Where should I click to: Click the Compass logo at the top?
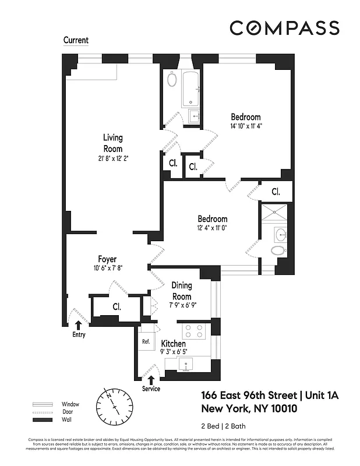pyautogui.click(x=284, y=28)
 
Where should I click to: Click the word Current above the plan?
pyautogui.click(x=76, y=41)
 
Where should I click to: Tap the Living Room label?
pyautogui.click(x=113, y=143)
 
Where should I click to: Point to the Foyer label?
pyautogui.click(x=107, y=259)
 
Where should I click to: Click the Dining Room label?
pyautogui.click(x=181, y=291)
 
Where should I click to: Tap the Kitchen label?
pyautogui.click(x=173, y=343)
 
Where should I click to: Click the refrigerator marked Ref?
pyautogui.click(x=146, y=342)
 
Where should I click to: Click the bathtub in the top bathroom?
pyautogui.click(x=191, y=89)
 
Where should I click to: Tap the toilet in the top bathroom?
pyautogui.click(x=172, y=79)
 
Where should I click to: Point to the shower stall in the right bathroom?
pyautogui.click(x=274, y=213)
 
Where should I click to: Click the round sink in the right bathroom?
pyautogui.click(x=281, y=235)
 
